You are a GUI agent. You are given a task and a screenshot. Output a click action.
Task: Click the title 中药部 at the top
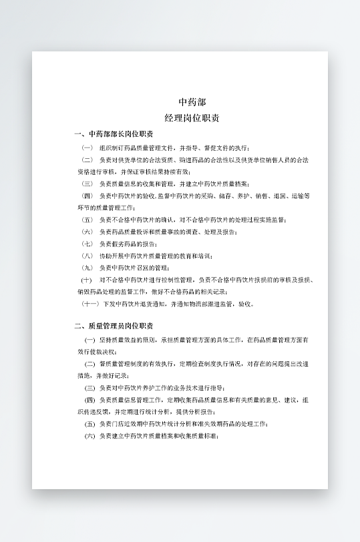192,102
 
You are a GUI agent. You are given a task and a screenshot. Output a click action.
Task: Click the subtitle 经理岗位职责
192,118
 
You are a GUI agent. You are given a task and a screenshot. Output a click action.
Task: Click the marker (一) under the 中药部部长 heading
87,148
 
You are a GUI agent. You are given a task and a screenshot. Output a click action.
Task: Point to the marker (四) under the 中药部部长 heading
87,196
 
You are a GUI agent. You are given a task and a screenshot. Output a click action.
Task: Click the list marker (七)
87,244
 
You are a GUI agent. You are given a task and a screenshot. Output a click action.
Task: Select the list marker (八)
87,256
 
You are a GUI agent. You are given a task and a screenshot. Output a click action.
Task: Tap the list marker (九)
87,268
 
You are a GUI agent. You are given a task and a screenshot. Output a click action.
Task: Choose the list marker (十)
87,280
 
